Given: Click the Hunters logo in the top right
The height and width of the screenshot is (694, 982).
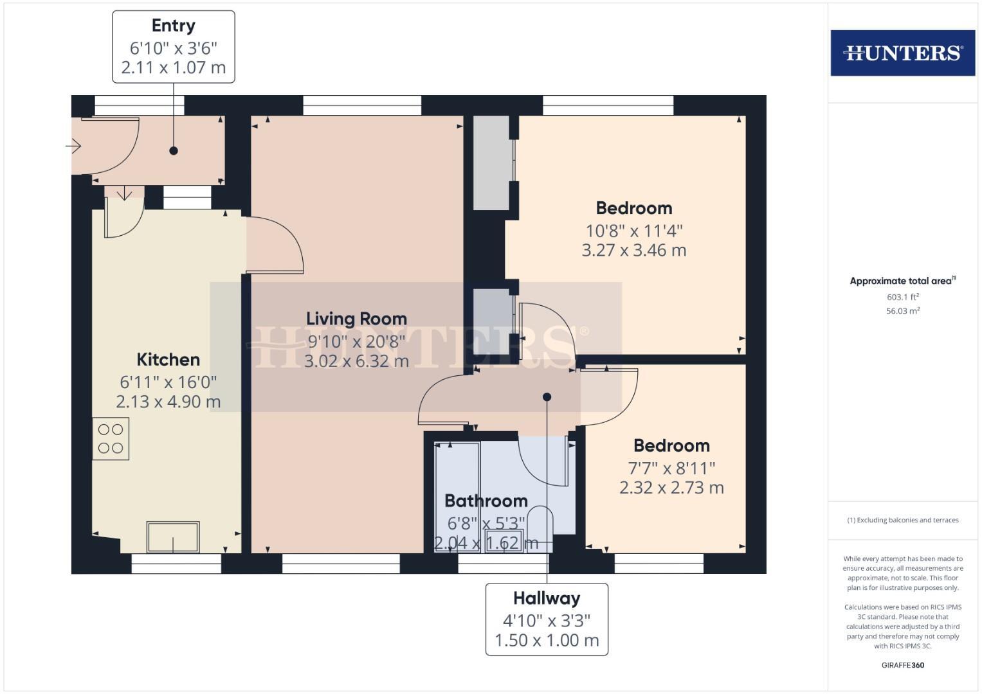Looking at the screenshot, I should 902,53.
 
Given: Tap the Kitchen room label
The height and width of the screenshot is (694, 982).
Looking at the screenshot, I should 168,359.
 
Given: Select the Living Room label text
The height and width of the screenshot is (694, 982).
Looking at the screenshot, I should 356,319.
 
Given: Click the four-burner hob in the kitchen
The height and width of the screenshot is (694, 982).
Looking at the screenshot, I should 111,439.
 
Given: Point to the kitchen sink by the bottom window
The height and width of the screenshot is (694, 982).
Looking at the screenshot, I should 173,537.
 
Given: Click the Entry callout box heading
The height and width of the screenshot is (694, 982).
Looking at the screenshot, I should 173,26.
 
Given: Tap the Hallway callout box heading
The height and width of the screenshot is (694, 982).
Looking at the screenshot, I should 547,598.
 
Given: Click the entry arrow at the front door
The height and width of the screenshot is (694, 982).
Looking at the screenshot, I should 73,147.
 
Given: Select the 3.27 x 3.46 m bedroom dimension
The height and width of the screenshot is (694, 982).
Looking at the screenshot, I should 633,251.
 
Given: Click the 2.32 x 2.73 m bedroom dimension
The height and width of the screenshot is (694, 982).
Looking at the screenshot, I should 671,488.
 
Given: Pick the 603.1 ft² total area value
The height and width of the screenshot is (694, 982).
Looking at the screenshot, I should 902,297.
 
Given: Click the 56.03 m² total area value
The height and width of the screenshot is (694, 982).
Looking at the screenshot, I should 902,311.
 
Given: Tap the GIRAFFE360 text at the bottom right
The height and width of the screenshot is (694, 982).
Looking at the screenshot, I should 902,665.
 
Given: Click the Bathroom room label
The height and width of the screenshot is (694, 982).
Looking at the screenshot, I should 486,501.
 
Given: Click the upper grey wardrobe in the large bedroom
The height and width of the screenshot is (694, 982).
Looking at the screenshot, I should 491,163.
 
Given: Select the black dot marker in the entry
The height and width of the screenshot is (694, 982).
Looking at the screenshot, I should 174,151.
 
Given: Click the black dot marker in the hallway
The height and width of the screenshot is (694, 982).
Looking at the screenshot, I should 547,397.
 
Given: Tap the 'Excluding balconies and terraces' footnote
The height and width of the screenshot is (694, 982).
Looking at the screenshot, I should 902,520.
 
